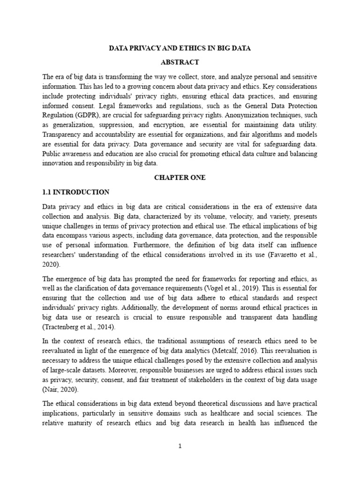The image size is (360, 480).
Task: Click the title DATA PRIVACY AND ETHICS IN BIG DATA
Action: pos(180,48)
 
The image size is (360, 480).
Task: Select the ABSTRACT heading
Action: pos(180,62)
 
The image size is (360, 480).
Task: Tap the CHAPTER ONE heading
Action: pos(180,178)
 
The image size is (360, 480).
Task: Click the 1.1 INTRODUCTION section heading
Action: pos(76,192)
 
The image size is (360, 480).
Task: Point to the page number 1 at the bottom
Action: pos(180,446)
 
